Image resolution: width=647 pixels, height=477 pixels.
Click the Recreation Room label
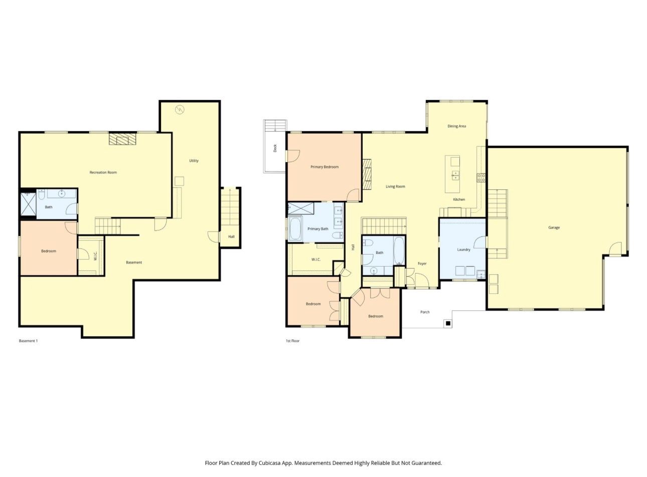coord(103,172)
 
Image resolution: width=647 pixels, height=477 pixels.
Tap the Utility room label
coord(194,161)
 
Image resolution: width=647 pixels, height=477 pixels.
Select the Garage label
coord(554,227)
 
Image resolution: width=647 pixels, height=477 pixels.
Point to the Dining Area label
coord(456,126)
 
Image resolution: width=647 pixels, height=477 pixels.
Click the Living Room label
coord(395,186)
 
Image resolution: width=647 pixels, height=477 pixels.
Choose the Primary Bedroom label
coord(325,167)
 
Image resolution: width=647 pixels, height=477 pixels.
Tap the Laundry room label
coord(463,250)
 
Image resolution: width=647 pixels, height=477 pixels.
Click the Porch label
coord(425,312)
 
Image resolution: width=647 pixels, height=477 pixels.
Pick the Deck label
coord(275,148)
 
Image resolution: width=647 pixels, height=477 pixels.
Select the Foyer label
coord(422,264)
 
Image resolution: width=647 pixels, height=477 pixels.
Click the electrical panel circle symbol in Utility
coord(180,109)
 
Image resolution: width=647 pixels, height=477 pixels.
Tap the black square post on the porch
coord(448,323)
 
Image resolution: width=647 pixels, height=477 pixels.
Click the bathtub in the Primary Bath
coord(295,228)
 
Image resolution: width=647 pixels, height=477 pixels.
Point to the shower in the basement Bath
coord(29,204)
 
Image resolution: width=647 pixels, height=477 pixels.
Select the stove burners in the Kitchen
coord(481,178)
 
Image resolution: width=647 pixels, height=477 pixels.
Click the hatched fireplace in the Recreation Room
coord(122,139)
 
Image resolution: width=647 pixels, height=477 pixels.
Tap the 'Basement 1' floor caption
coord(28,341)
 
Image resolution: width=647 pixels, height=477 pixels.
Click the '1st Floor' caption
coord(292,341)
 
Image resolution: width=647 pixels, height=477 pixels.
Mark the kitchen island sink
coord(455,175)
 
